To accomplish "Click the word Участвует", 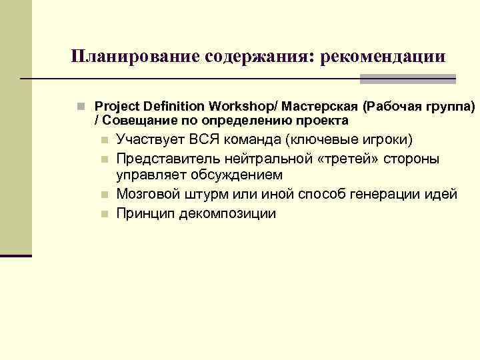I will click(150, 140).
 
